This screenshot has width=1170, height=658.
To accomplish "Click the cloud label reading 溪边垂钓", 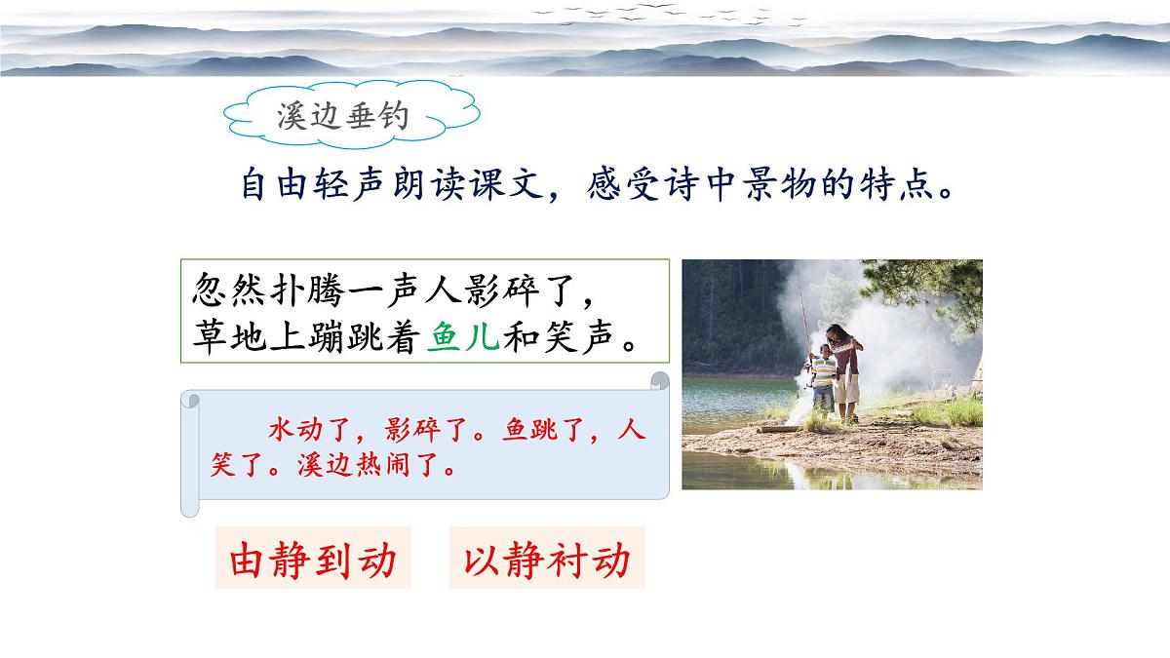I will coord(342,118).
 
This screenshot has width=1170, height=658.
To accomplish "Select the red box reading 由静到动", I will coord(313,560).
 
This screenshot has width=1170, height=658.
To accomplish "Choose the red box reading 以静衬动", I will coord(547,560).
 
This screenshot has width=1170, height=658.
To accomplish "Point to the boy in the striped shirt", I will coord(824,380).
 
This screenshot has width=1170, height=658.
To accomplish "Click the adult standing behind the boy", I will coord(845,366).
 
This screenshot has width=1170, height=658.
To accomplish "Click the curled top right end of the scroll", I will coord(660,381).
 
